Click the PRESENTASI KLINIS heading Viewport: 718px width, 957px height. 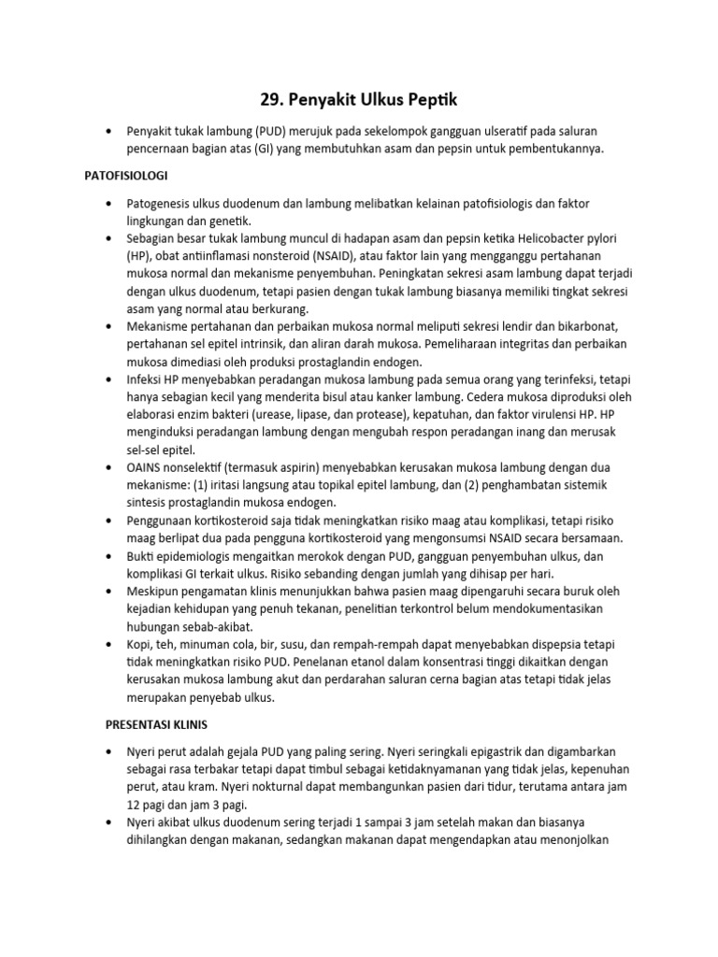(x=155, y=724)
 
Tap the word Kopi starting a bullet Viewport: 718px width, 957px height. (x=142, y=647)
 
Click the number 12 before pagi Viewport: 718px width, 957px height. (x=136, y=805)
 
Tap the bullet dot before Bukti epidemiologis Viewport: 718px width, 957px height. (x=111, y=556)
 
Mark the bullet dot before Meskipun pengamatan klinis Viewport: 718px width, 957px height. (x=111, y=592)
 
